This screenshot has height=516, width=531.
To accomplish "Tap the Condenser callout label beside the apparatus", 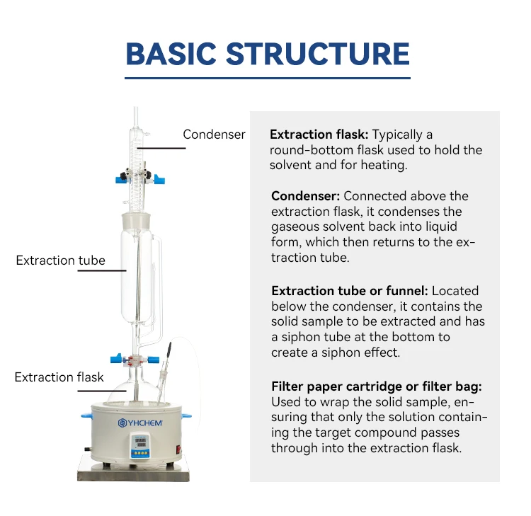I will pos(214,134).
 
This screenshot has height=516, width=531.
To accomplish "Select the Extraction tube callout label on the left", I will pos(60,260).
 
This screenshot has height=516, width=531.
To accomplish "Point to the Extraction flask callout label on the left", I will pos(59,377).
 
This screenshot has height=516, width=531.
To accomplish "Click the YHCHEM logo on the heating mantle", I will pos(140,423).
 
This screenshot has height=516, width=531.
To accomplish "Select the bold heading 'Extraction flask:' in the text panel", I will pos(319,134).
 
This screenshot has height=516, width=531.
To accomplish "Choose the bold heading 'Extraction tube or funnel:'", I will pos(350,291).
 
